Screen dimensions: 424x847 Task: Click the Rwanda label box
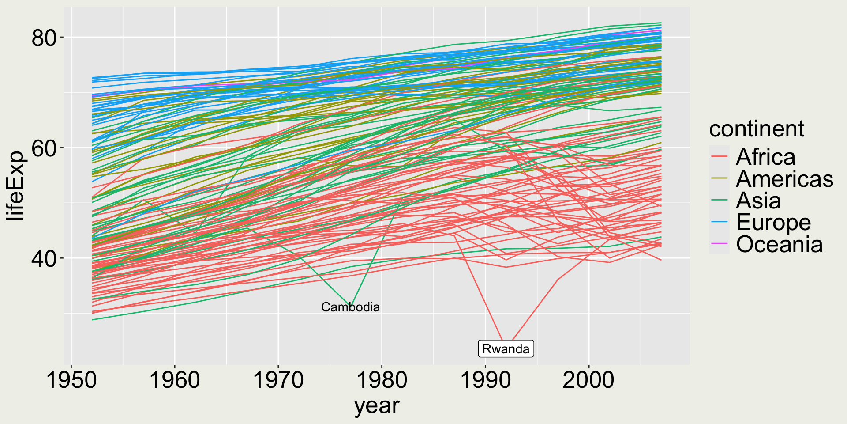[506, 349]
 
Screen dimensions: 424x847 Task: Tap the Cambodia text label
[350, 307]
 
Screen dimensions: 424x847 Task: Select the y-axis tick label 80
[45, 38]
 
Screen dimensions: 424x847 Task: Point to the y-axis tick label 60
[45, 148]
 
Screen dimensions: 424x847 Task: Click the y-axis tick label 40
[45, 259]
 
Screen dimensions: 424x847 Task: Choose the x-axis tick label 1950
[71, 380]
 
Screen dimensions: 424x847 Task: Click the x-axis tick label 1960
[175, 380]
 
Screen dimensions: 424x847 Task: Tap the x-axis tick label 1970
[278, 380]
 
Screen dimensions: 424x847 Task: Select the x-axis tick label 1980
[382, 380]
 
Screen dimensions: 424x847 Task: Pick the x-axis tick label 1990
[485, 380]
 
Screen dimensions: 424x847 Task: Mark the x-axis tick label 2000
[588, 380]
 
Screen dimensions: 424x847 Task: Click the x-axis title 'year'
[377, 405]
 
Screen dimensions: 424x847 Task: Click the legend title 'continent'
[757, 129]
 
